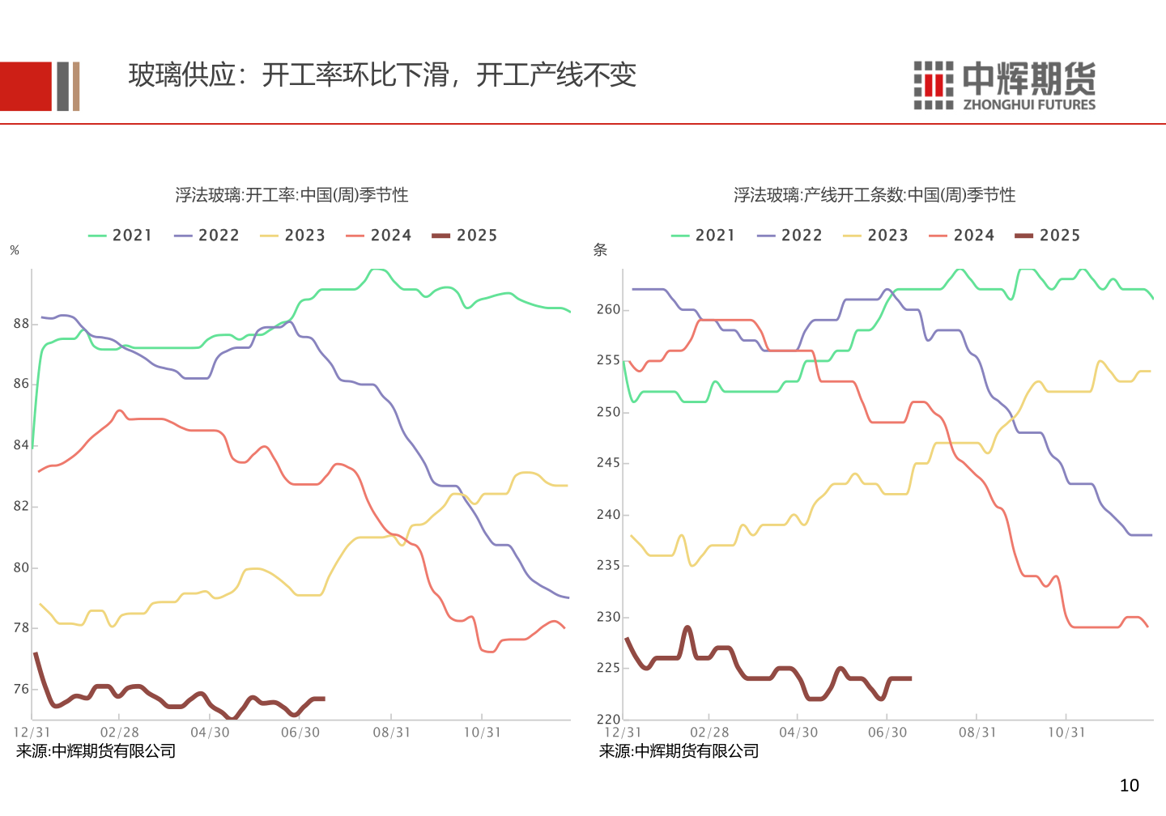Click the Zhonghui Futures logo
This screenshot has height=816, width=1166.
(1004, 85)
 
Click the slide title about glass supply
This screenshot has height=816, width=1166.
(382, 75)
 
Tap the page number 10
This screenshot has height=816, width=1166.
(1129, 785)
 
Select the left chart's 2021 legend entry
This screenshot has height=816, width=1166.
(121, 236)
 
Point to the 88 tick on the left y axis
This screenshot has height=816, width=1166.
(21, 324)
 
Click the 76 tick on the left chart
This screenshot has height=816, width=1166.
(21, 689)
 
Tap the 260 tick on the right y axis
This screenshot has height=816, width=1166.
(608, 309)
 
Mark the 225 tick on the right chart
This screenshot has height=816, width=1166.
(608, 668)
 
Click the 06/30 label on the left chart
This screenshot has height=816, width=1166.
(300, 733)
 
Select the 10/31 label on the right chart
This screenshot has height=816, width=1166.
(1066, 733)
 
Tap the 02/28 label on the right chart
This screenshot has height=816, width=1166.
(709, 733)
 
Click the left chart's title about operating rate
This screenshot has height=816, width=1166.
(291, 195)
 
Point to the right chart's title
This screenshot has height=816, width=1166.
(874, 195)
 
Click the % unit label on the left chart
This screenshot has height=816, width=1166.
(15, 251)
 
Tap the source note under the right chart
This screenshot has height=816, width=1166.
(679, 751)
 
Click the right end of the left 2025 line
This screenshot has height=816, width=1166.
(324, 699)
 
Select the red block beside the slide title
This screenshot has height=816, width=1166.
(25, 87)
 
